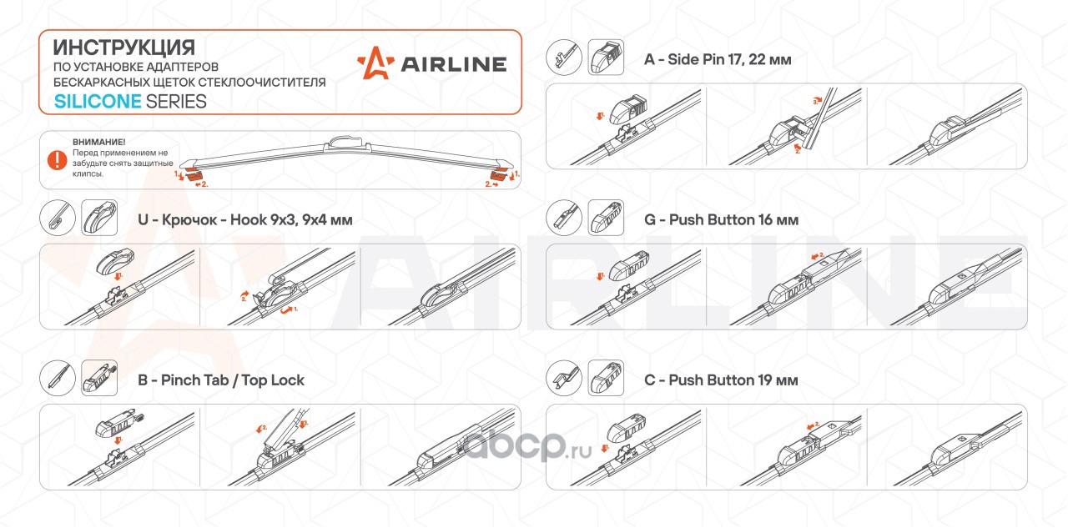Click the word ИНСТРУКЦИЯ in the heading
point(124,48)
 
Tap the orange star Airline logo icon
point(375,63)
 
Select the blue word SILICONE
point(98,102)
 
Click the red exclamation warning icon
point(58,160)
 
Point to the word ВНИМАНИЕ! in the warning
point(99,142)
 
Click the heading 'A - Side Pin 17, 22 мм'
point(718,59)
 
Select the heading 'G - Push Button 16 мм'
point(722,219)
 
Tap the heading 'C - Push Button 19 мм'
point(721,380)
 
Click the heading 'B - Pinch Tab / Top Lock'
point(221,380)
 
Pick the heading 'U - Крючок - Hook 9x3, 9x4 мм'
point(245,219)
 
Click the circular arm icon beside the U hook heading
point(58,218)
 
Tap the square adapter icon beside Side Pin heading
point(606,58)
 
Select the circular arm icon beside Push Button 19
point(564,378)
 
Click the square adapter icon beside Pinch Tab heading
point(99,378)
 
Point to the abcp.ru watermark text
point(527,447)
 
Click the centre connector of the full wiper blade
point(346,143)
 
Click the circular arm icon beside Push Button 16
point(564,218)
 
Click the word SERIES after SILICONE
point(176,102)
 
